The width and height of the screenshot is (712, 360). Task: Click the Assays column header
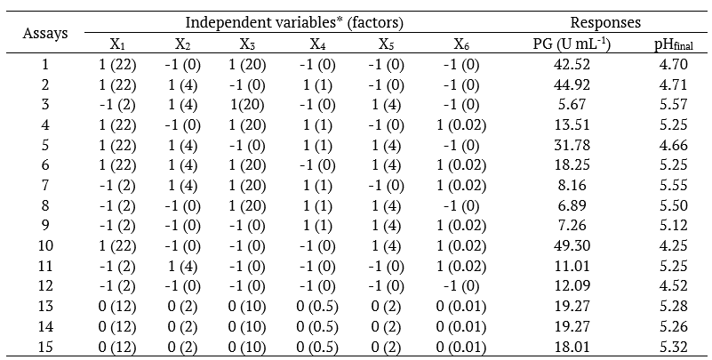[45, 34]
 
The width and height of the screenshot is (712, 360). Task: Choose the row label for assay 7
[45, 185]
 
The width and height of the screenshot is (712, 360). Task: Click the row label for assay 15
[45, 345]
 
